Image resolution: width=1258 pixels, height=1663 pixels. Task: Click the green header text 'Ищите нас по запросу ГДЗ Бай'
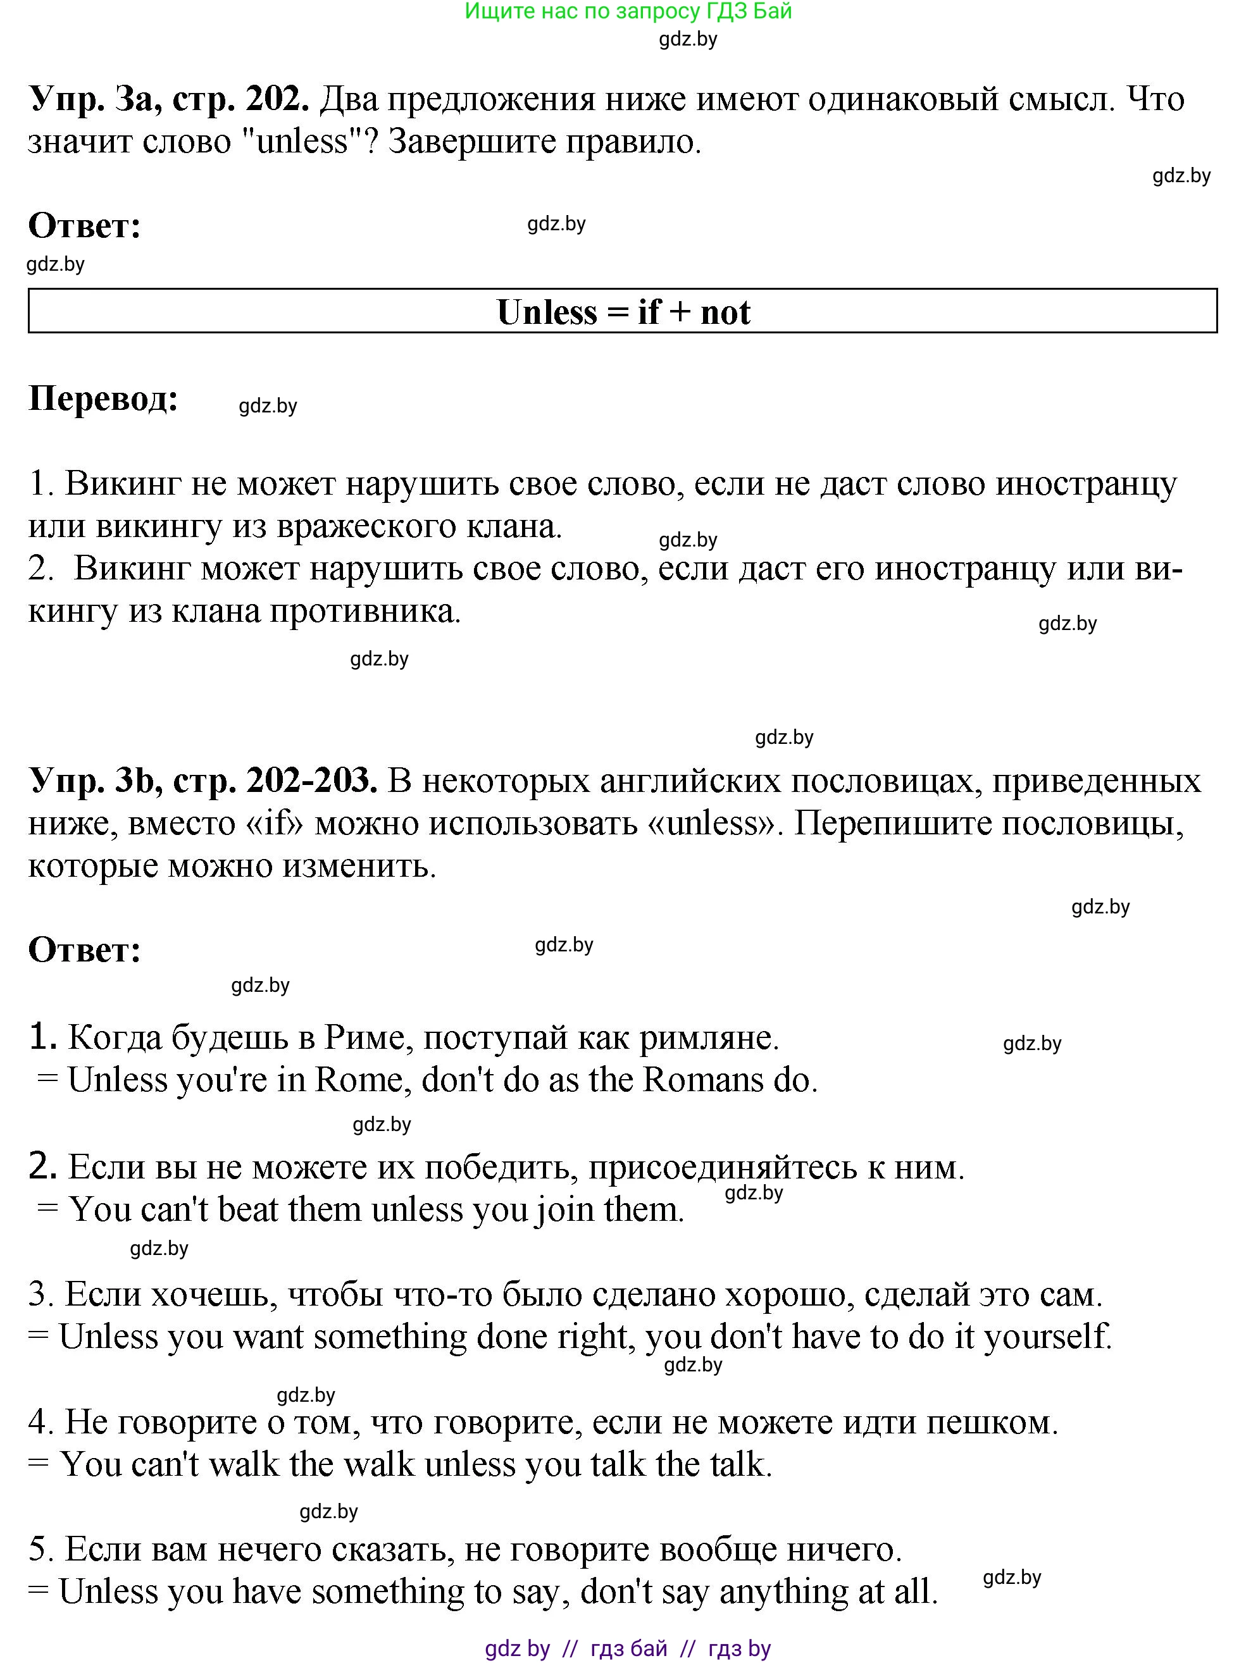click(x=628, y=11)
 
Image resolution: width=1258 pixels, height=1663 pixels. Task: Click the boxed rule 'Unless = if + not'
click(x=623, y=312)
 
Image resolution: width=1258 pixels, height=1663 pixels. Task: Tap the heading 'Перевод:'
click(x=104, y=398)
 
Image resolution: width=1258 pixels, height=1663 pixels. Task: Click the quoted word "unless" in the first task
click(x=302, y=141)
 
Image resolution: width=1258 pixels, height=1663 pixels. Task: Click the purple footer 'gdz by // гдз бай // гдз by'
click(x=628, y=1648)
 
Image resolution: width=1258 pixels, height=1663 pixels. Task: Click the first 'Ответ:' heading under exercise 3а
click(x=85, y=226)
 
